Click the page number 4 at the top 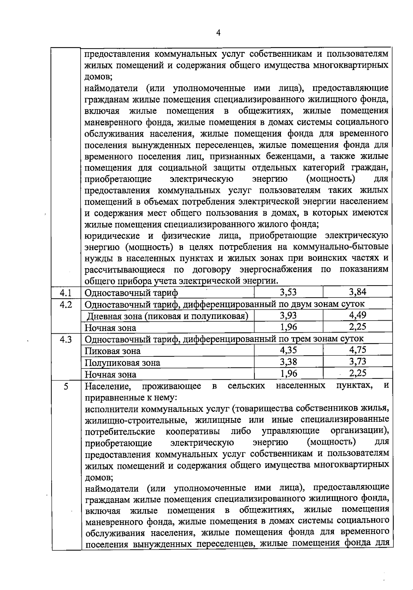coord(218,33)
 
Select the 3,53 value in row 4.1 coord(288,292)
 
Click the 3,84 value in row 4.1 coord(357,292)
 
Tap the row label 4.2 coord(66,304)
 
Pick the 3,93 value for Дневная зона coord(288,315)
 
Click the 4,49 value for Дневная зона coord(357,315)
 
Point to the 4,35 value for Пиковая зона coord(288,350)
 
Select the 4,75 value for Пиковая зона coord(357,350)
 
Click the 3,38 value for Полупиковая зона coord(288,362)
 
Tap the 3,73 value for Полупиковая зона coord(357,362)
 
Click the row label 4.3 coord(66,340)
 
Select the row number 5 coord(66,386)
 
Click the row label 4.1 coord(66,293)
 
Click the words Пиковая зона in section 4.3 coord(113,351)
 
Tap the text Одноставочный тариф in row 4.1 coord(131,293)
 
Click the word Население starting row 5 coord(107,386)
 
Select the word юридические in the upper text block coord(112,236)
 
